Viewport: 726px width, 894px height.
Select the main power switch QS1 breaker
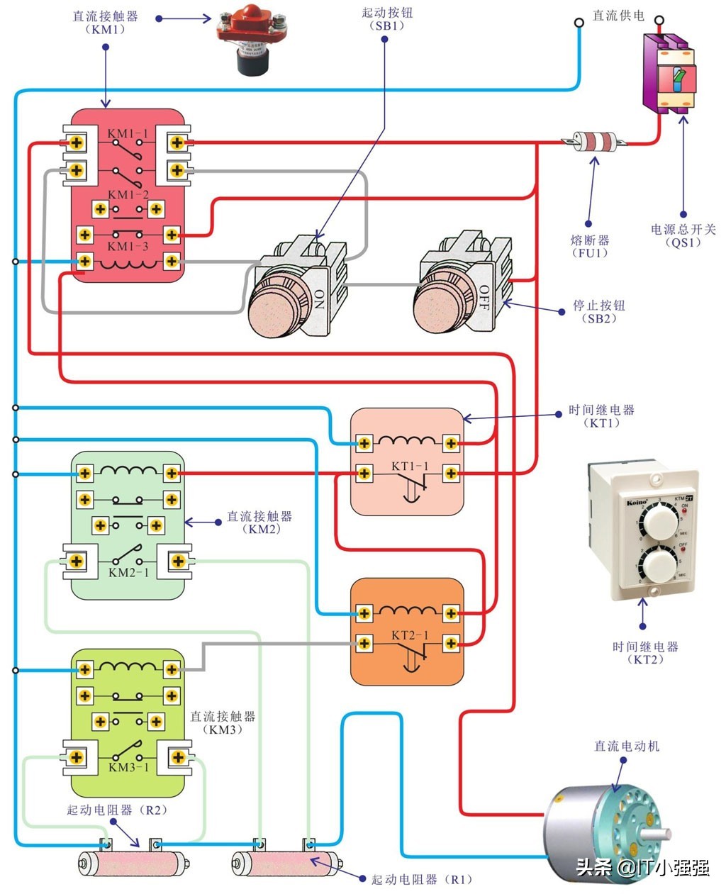point(669,75)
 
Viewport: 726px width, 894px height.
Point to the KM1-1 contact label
point(128,133)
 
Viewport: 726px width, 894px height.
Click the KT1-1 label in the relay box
point(410,466)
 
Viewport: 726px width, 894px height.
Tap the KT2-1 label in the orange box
point(410,635)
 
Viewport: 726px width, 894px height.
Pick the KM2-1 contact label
point(128,572)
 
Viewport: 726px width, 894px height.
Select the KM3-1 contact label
point(128,767)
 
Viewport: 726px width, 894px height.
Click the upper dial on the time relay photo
point(657,524)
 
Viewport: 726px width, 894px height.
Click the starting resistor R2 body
point(131,864)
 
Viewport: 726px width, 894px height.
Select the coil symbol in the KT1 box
point(407,442)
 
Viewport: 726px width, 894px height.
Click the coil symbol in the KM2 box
point(128,471)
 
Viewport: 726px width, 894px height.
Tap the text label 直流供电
point(618,16)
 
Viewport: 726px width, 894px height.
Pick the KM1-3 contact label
point(128,247)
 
